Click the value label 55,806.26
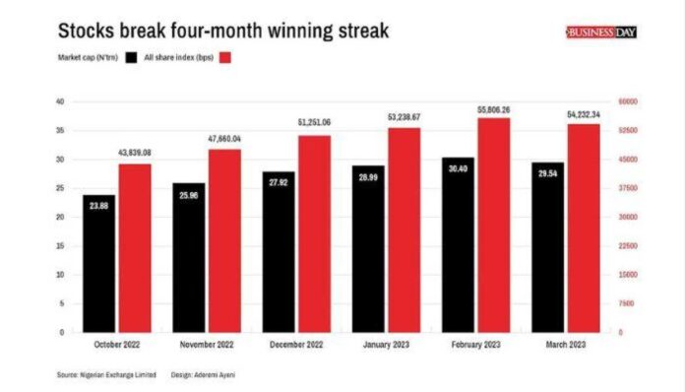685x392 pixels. point(493,110)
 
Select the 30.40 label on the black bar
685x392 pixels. point(458,168)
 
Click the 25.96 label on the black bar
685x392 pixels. point(188,194)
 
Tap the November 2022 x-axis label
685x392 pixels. point(208,345)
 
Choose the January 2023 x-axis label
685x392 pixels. point(387,345)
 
